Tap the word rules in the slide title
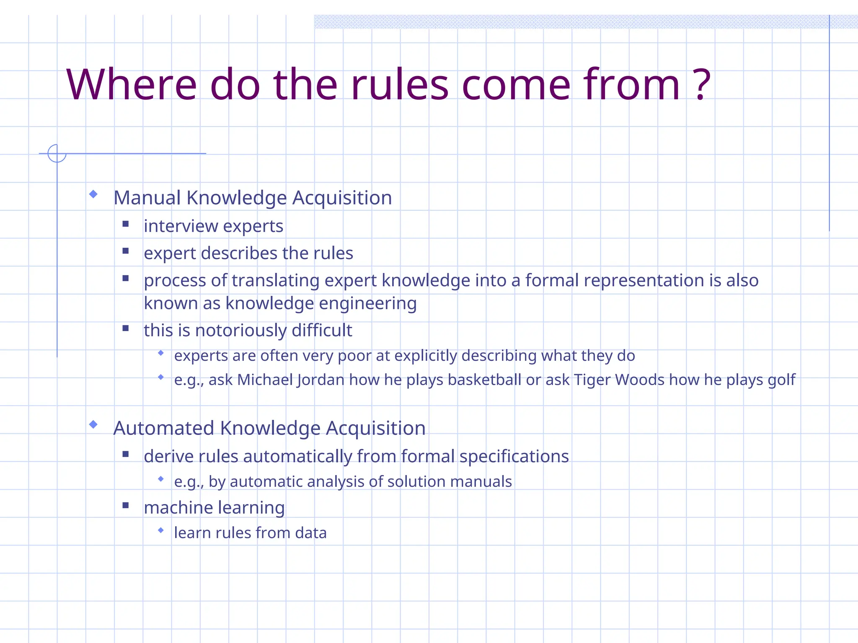click(x=400, y=85)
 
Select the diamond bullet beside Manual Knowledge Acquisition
click(x=93, y=194)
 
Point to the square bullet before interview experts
click(x=126, y=224)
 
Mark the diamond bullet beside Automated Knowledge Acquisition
click(x=93, y=424)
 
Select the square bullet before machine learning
click(x=126, y=505)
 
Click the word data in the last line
click(x=310, y=533)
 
